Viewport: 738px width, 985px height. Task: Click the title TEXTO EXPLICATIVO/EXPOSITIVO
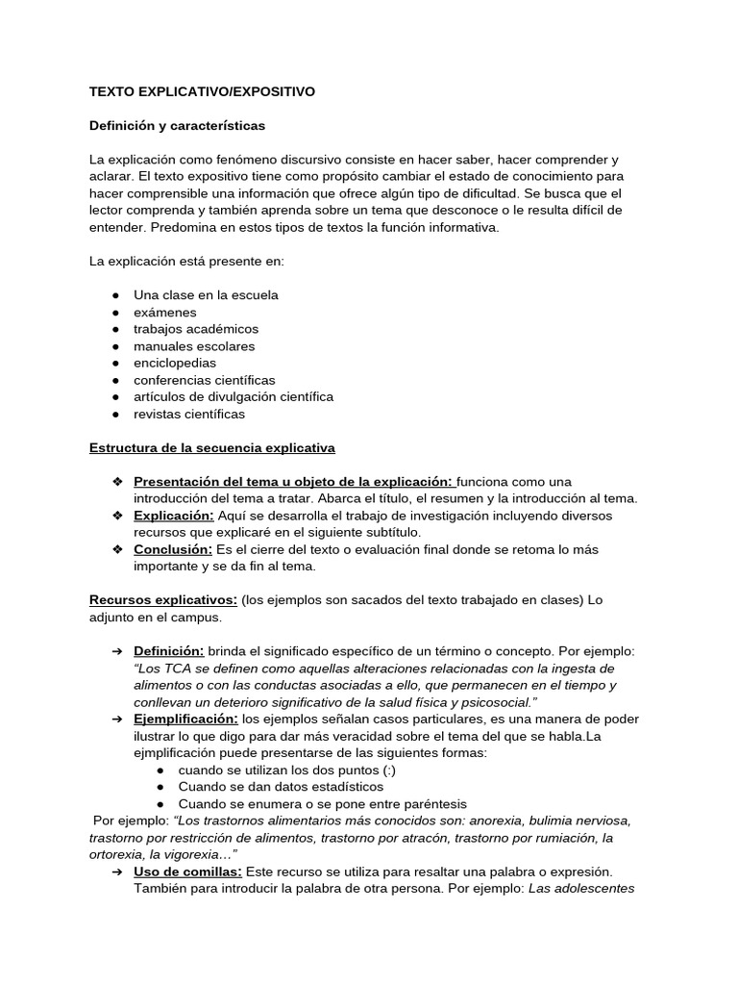202,91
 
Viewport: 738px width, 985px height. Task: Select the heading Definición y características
177,126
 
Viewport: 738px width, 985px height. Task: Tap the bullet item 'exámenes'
165,312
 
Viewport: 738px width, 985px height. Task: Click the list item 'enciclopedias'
175,363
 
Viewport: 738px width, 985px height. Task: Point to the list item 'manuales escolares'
194,346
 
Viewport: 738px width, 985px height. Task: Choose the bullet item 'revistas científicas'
189,414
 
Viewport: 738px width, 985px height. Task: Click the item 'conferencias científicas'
205,380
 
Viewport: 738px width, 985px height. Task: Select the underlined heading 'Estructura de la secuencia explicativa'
212,447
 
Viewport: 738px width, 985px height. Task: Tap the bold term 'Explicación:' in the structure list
173,515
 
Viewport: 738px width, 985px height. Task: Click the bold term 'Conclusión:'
173,549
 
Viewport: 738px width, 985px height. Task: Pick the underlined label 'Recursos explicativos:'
163,600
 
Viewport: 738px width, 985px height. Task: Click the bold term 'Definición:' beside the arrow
169,651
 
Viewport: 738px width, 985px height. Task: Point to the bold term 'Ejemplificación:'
185,719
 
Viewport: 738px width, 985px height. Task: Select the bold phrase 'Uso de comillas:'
187,871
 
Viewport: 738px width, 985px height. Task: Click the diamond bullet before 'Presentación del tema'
116,481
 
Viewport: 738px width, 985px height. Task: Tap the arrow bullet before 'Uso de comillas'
115,871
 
